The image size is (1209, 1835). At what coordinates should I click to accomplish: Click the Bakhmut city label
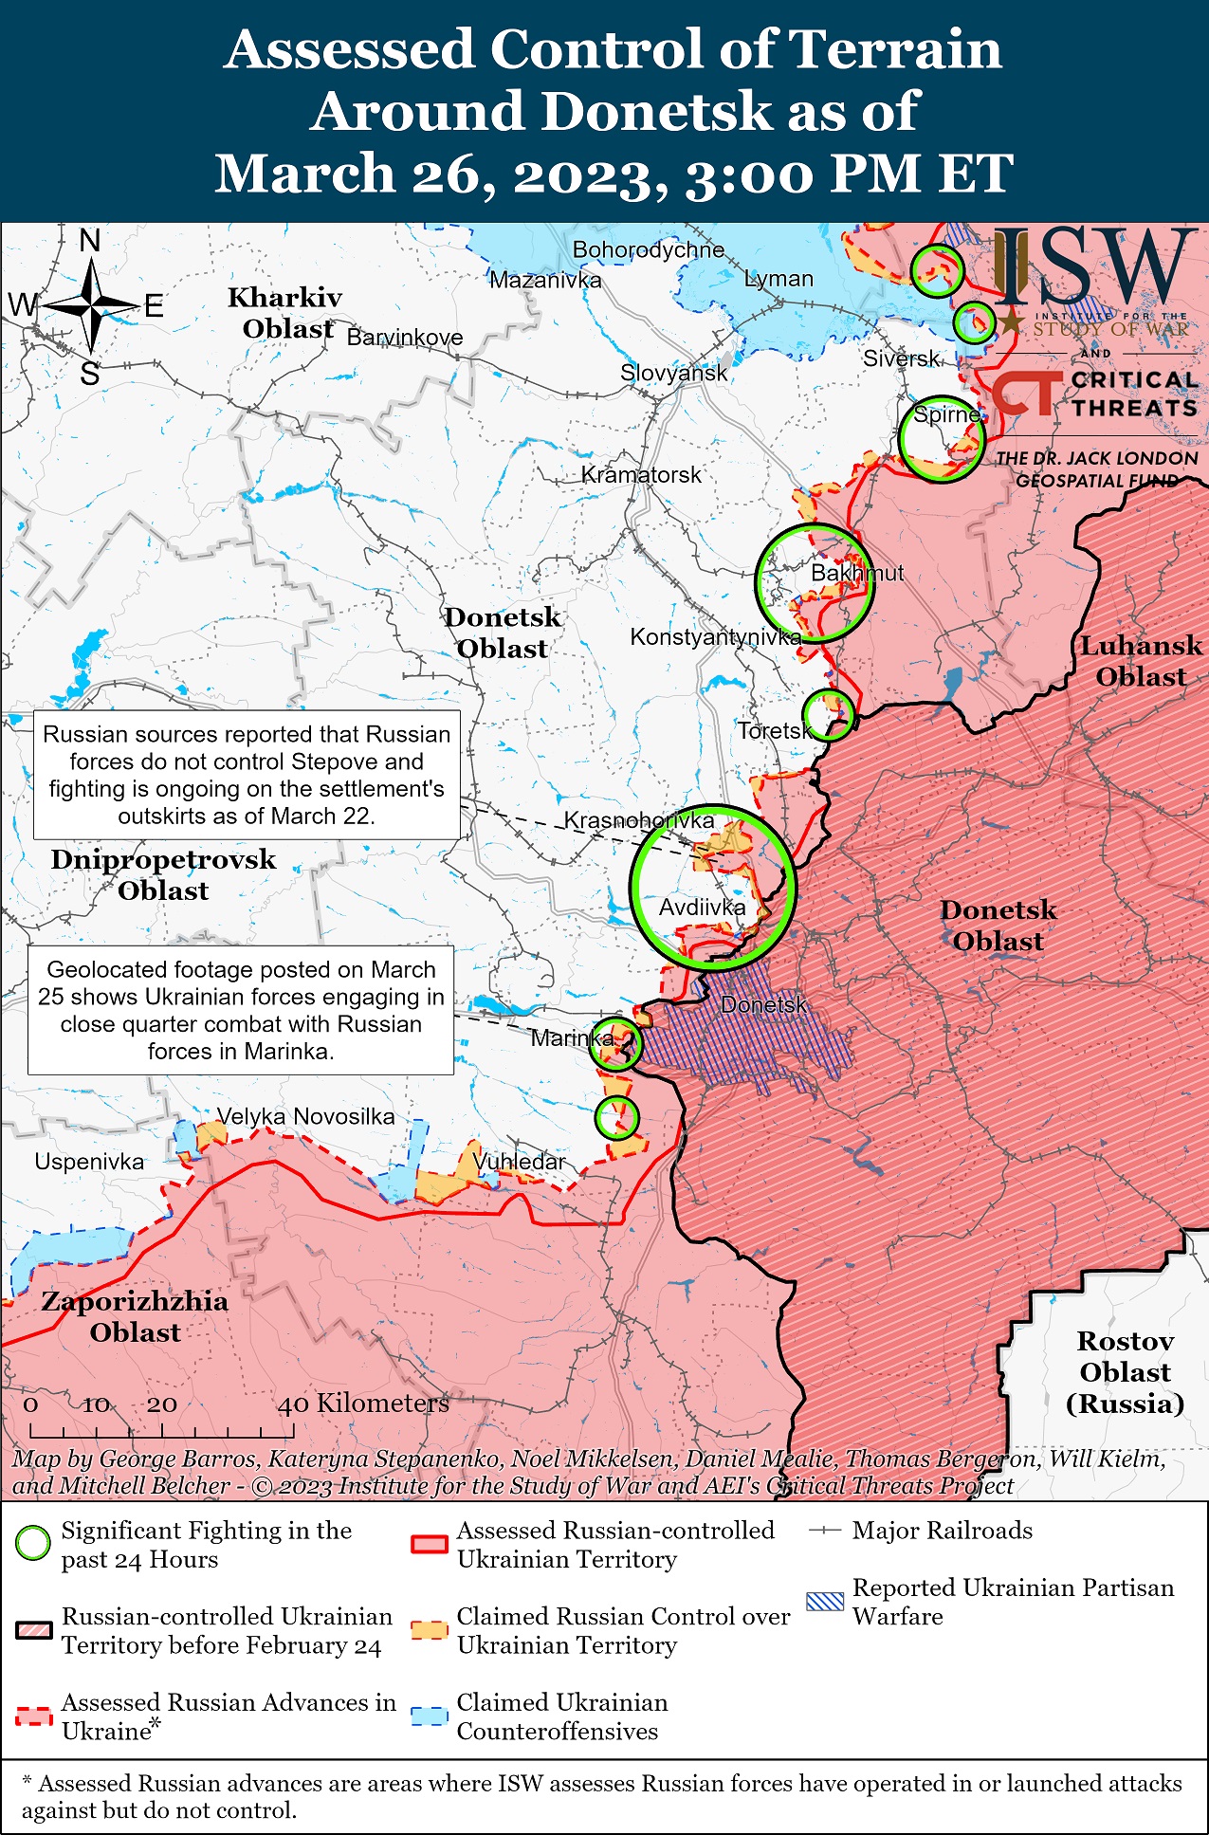coord(856,573)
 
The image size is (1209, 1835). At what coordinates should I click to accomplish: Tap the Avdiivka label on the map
coord(702,908)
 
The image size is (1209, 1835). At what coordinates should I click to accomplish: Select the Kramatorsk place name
coord(641,474)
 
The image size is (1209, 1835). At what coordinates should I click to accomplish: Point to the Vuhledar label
coord(519,1161)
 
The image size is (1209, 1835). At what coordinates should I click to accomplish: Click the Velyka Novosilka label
coord(305,1116)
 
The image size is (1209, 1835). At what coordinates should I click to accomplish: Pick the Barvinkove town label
coord(405,338)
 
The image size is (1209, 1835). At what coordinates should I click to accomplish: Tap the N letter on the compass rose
coord(90,242)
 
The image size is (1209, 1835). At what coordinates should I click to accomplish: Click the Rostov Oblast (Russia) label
coord(1125,1372)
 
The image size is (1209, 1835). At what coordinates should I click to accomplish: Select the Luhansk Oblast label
coord(1141,661)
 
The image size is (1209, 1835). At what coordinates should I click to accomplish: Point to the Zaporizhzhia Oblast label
coord(135,1316)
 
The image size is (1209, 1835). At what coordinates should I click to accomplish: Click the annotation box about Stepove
coord(247,775)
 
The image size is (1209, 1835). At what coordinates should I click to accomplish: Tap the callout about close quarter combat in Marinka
coord(241,1010)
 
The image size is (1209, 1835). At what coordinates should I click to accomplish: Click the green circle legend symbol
coord(33,1544)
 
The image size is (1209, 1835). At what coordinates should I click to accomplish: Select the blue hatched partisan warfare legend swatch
coord(824,1602)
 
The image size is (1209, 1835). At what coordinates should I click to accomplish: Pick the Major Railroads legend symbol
coord(825,1531)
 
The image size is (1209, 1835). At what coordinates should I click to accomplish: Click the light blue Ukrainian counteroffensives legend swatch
coord(429,1716)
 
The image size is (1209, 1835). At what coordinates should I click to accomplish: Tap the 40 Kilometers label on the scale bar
coord(363,1404)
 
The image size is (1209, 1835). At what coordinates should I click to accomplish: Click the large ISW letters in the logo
coord(1090,267)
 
